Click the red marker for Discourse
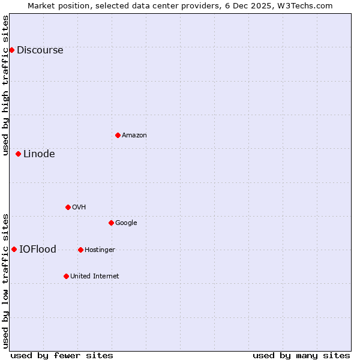(11, 50)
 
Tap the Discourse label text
(40, 50)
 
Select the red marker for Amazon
(118, 135)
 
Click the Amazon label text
(134, 136)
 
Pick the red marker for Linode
(18, 154)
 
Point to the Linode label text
(39, 154)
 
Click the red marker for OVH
(68, 207)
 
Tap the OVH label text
(79, 208)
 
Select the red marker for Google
(111, 223)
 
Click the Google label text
(126, 223)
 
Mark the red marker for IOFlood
(14, 249)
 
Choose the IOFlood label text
(38, 250)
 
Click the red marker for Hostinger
(80, 250)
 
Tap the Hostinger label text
(100, 250)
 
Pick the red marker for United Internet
(66, 276)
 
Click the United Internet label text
(94, 277)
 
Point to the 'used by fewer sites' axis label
(62, 355)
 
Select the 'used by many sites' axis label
(301, 355)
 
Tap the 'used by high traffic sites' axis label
(5, 85)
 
